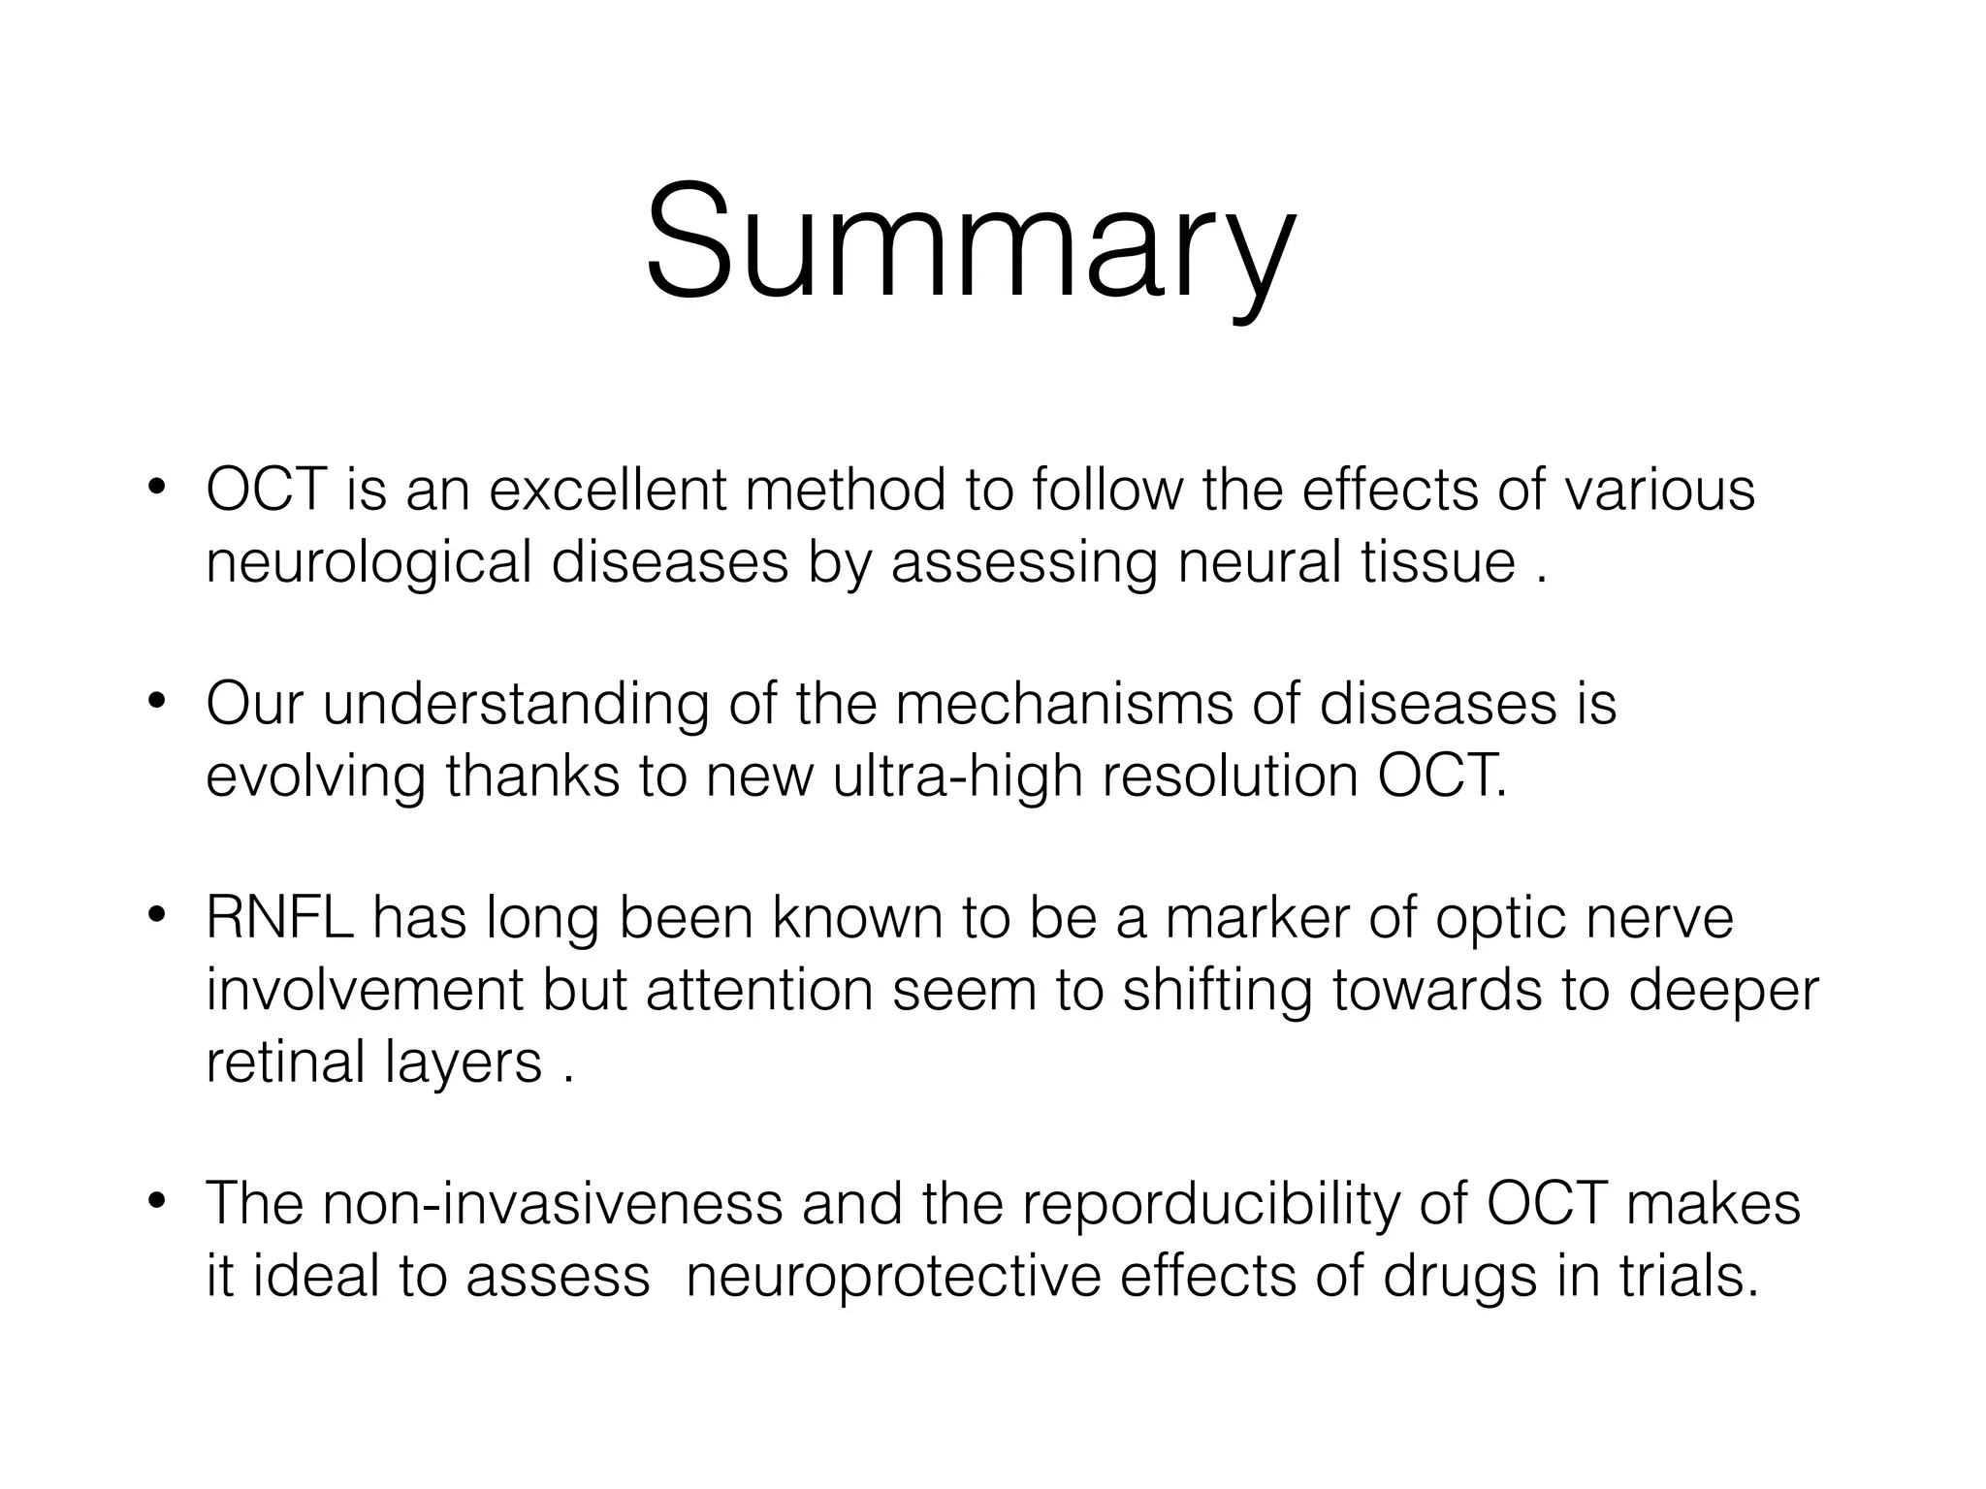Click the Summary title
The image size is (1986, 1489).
(970, 242)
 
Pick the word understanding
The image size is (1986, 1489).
(516, 706)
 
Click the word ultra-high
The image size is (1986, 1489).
(956, 777)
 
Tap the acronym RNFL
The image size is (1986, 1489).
(279, 917)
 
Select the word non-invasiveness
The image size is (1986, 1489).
(553, 1204)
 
